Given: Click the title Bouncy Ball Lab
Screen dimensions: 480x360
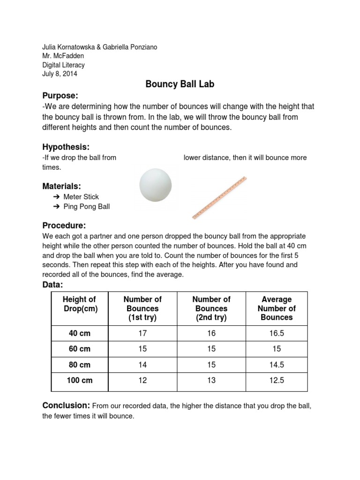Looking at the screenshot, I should point(180,84).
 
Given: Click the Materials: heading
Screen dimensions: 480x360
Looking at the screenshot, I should point(62,186).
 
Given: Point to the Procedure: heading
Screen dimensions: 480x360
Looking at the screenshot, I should point(64,225).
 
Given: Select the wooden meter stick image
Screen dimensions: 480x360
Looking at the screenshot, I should point(219,198).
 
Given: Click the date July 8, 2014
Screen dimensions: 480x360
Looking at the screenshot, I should point(60,74).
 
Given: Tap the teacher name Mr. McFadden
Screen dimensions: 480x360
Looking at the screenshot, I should point(63,56).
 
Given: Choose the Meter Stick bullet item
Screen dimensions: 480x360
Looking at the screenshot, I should point(81,197).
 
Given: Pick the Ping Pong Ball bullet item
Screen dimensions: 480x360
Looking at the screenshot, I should point(86,207).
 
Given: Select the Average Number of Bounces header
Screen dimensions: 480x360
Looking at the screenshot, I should point(277,308).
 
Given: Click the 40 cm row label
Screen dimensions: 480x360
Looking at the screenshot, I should point(79,334).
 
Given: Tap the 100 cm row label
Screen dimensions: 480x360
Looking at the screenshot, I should point(79,381).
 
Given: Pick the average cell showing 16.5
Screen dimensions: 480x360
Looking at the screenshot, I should point(277,334).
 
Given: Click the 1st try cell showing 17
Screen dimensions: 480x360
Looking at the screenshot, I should point(142,334).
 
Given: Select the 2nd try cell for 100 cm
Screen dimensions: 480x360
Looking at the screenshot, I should point(211,381).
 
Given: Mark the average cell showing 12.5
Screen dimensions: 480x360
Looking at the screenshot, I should point(277,381).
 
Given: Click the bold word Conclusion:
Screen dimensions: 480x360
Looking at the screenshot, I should point(66,405).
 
